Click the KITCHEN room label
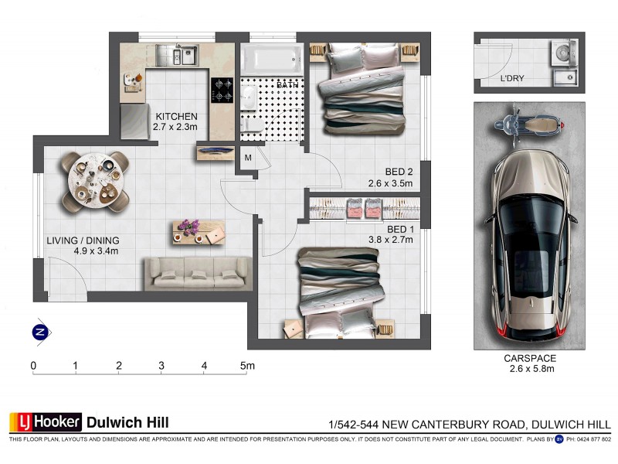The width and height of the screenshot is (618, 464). point(175,117)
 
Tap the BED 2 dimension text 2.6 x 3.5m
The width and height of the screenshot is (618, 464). point(390,183)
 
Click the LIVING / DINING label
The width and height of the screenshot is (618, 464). point(81,240)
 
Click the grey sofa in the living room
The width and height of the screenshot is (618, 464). point(198,273)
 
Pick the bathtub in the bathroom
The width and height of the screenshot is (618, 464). point(270,58)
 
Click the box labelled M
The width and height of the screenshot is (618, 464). point(248,159)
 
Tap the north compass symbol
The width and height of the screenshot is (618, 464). point(39,332)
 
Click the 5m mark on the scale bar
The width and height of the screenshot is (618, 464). point(246,365)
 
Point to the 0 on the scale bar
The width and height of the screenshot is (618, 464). point(34,365)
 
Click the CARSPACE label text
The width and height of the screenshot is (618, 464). point(530,359)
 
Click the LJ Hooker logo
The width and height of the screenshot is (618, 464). point(46,422)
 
